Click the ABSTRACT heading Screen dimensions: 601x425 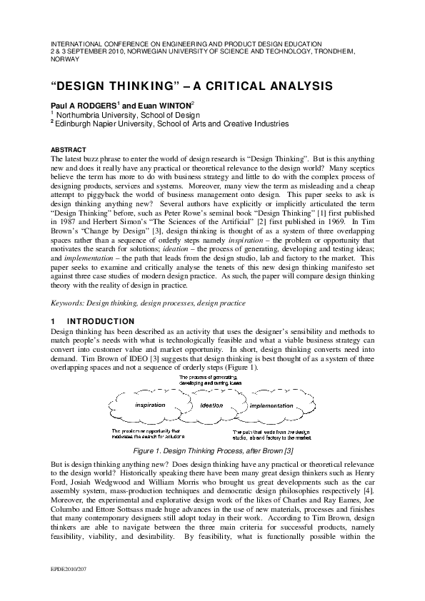pyautogui.click(x=66, y=149)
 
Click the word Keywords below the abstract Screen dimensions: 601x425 pyautogui.click(x=68, y=303)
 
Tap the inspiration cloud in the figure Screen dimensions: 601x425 pyautogui.click(x=150, y=405)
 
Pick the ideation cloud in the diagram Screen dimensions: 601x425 pyautogui.click(x=211, y=405)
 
